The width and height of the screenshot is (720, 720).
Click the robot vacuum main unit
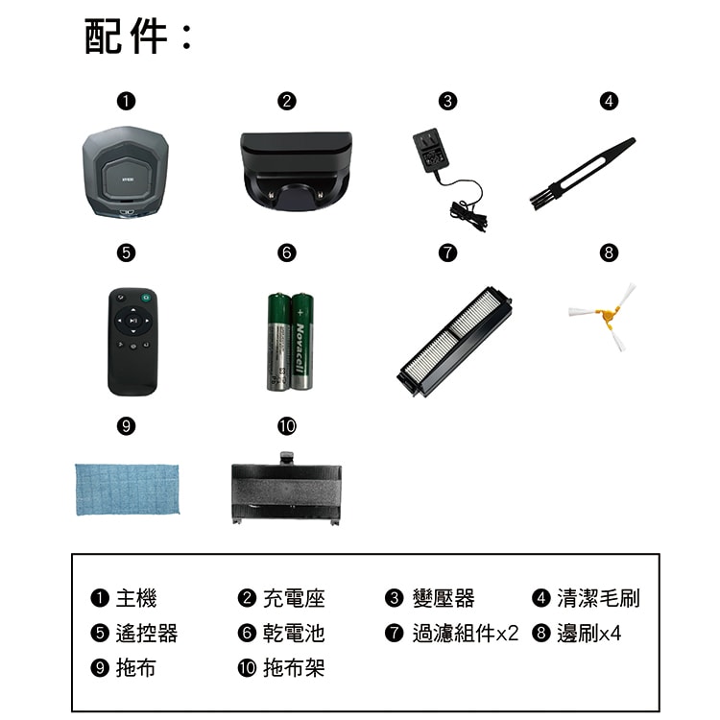(128, 175)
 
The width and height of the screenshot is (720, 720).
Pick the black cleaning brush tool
(582, 172)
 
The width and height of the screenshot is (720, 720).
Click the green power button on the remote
(145, 297)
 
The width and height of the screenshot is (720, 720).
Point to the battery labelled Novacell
(301, 341)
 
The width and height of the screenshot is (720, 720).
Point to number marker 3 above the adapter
(445, 100)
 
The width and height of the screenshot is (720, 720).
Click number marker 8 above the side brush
(607, 253)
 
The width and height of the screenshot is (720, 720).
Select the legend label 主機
(135, 599)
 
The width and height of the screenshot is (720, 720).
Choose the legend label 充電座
(294, 599)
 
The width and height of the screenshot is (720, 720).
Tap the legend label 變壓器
(443, 599)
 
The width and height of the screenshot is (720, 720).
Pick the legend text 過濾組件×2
(465, 634)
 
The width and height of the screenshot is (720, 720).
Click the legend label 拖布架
(294, 668)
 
